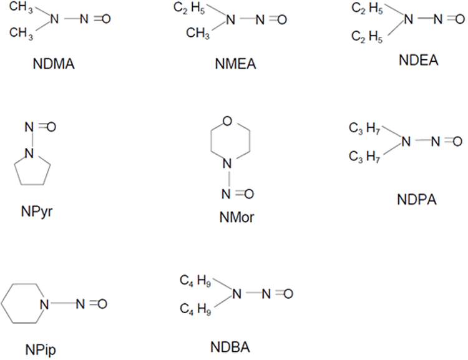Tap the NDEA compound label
418,61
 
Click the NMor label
230,218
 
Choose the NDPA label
416,200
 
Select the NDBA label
231,346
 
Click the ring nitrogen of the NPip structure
44,304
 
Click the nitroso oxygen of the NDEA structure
457,19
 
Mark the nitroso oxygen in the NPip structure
102,304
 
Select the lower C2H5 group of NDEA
365,37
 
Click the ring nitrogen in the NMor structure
230,164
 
